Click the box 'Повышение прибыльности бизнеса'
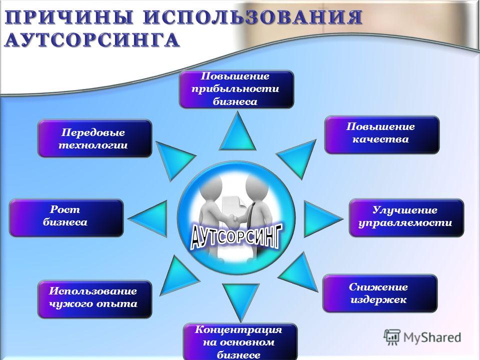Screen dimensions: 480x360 236,89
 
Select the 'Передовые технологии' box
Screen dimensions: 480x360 95,138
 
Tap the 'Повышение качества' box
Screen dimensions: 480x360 381,134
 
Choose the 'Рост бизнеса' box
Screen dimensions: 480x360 66,217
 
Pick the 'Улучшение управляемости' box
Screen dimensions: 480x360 406,217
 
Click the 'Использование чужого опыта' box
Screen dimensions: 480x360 95,299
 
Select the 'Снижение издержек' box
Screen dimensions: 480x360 380,293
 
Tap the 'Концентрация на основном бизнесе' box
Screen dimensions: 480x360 240,341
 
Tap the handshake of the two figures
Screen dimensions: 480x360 233,218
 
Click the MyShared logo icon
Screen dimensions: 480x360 392,337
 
